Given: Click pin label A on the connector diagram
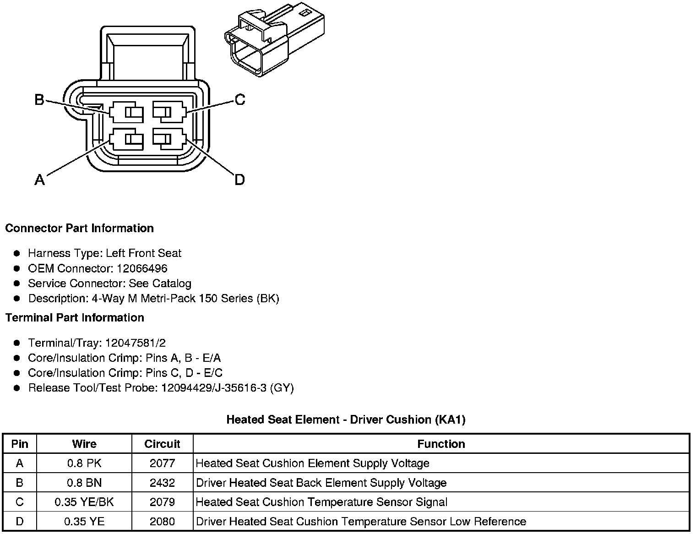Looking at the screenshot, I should coord(40,180).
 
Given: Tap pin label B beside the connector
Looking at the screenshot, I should coord(39,99).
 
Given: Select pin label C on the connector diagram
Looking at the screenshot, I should coord(239,99).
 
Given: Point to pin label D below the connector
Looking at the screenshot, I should coord(239,180).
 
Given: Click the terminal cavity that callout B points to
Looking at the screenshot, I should coord(126,112).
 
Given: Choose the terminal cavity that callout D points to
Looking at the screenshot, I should coord(169,139).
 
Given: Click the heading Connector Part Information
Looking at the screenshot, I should coord(79,228).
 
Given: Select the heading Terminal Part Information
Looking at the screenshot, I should coord(75,317).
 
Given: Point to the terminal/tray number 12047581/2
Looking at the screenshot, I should coord(136,343).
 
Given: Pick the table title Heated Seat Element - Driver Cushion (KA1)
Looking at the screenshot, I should coord(346,420).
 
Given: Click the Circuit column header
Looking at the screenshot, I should coord(162,444).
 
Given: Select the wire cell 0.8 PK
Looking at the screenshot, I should coord(84,463).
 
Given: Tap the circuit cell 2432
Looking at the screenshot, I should coord(162,483).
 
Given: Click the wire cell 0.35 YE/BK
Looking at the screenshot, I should coord(84,502).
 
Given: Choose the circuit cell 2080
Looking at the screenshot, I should coord(162,521).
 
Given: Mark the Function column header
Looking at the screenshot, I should coord(441,444).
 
